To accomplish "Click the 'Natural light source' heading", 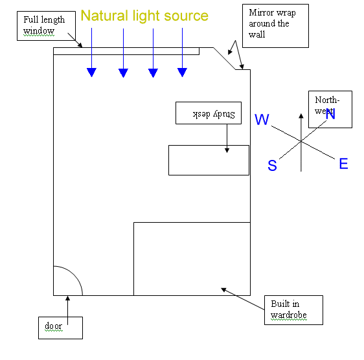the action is click(x=144, y=16).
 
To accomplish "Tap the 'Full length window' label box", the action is click(x=46, y=26).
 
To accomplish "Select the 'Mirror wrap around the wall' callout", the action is click(x=275, y=26).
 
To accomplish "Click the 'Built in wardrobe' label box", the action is click(x=293, y=310).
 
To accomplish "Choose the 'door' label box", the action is click(x=60, y=328).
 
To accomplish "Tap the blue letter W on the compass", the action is click(x=262, y=119).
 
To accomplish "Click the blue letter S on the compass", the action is click(x=272, y=165).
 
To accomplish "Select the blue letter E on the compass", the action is click(x=343, y=163).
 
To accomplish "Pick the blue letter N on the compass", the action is click(x=330, y=114).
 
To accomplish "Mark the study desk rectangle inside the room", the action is click(x=209, y=160).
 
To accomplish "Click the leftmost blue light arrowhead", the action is click(x=92, y=73).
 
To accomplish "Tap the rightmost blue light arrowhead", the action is click(x=182, y=73).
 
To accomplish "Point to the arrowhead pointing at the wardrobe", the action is click(x=223, y=289).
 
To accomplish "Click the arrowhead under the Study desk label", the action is click(x=227, y=150).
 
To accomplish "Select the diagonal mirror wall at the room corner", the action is click(x=224, y=58).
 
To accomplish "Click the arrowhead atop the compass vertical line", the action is click(x=301, y=116).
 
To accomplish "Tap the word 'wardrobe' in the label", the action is click(x=289, y=315).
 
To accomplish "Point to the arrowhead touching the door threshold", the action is click(x=67, y=298).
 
